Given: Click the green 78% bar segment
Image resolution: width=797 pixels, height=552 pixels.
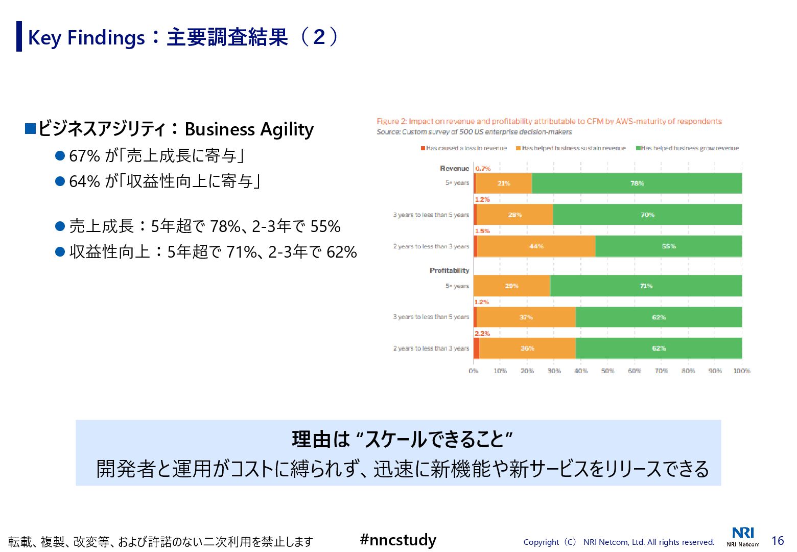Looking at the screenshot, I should [x=637, y=183].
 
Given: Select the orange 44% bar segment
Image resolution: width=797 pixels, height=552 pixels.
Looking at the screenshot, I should [x=536, y=246].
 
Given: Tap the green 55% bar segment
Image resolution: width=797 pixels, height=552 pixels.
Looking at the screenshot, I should [x=668, y=246].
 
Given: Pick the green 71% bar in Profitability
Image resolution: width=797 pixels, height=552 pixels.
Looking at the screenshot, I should [x=646, y=286].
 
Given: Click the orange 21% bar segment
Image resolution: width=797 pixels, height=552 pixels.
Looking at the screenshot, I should [x=504, y=183].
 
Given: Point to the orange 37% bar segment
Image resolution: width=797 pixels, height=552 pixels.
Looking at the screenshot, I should [x=526, y=317].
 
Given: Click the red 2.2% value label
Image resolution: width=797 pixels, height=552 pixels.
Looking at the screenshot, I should [x=482, y=333].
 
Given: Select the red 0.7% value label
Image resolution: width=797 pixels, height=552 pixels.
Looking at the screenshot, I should [x=483, y=168].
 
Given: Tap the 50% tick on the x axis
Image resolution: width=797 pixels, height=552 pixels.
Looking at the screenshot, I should [x=607, y=371].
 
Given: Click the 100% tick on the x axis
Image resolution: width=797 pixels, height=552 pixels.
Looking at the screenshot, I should [x=741, y=371].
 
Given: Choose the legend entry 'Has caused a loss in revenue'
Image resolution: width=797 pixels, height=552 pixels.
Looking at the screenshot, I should [x=464, y=148].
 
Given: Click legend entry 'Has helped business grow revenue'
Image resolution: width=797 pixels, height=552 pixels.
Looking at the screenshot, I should [x=688, y=148].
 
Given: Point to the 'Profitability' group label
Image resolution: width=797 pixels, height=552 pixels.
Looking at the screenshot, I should [x=449, y=270].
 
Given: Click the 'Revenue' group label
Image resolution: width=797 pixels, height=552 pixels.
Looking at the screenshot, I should [x=454, y=168].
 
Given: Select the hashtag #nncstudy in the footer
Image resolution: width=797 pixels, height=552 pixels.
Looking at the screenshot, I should [x=398, y=540].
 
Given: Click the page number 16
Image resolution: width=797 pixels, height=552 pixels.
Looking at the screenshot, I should [x=777, y=541].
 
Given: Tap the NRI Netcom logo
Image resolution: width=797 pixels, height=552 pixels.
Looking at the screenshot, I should [x=743, y=536].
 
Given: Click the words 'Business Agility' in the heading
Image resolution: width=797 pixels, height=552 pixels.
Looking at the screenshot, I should [x=249, y=129].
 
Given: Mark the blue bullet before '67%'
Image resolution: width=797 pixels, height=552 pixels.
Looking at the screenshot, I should [x=60, y=155].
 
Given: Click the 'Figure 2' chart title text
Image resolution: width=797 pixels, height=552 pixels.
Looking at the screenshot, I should [x=549, y=122].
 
